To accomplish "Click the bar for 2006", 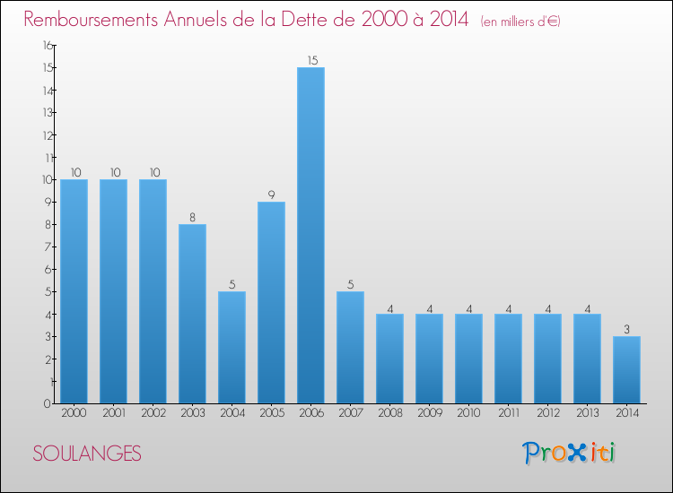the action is (310, 236).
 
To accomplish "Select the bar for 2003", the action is (192, 314).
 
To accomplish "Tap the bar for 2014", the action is (626, 370).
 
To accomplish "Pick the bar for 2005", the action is (271, 303).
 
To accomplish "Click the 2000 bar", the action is (74, 291).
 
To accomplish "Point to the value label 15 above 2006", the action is (312, 60).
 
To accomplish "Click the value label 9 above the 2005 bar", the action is (271, 195).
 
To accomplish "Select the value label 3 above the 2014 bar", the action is (626, 329).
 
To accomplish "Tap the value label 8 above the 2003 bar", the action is (192, 217).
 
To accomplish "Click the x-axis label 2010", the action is (468, 413).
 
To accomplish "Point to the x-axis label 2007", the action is (350, 413).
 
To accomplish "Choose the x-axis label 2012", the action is (547, 413).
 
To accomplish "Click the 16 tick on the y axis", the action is (48, 45).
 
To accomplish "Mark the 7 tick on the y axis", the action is (48, 246).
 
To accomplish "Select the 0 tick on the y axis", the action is (48, 404).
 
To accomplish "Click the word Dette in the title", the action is (328, 20).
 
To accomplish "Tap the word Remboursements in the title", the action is (91, 20).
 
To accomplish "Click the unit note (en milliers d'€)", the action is (520, 22).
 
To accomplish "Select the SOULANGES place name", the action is (87, 454).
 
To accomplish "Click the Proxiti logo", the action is (569, 453).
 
